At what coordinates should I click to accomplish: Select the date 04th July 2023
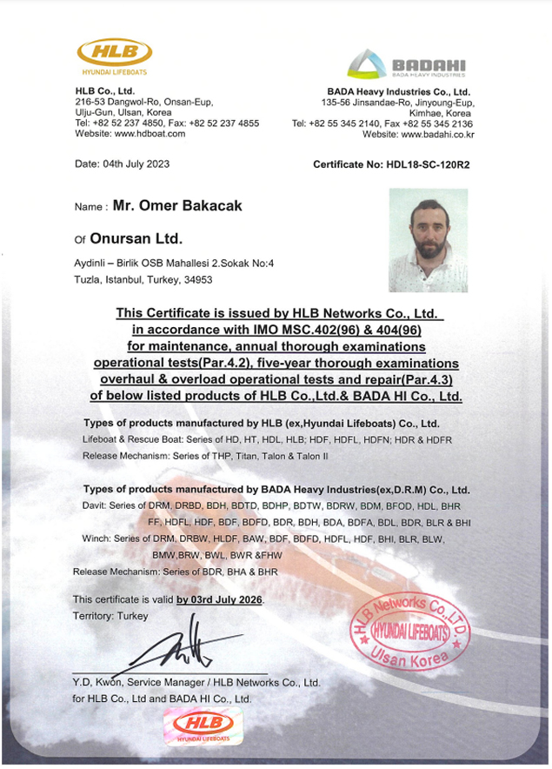click(123, 164)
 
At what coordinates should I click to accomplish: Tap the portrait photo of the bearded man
click(427, 240)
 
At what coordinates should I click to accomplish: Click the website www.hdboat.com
click(146, 135)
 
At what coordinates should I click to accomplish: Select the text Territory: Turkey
click(110, 616)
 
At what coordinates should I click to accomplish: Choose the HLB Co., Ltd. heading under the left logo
click(105, 90)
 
